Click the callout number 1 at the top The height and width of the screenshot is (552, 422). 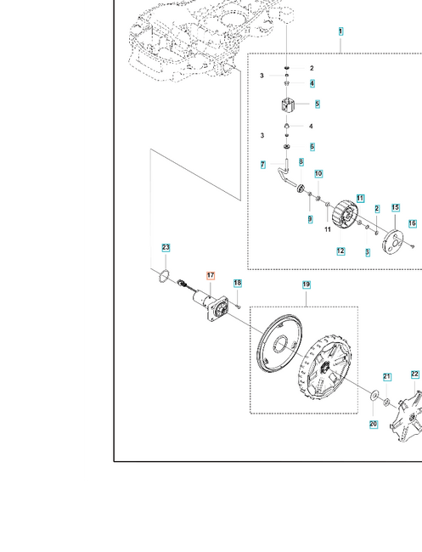click(340, 31)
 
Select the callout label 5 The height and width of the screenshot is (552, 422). click(318, 104)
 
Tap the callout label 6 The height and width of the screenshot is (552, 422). click(312, 147)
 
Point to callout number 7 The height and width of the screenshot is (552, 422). click(263, 165)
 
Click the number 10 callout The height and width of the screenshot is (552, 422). click(318, 174)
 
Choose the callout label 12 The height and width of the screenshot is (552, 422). click(340, 251)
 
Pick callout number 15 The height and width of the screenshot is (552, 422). click(395, 208)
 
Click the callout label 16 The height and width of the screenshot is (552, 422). click(413, 223)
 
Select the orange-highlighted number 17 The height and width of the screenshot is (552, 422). click(211, 276)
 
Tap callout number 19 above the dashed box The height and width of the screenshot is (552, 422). click(307, 284)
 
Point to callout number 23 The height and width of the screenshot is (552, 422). click(166, 247)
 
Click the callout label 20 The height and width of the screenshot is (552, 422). click(374, 425)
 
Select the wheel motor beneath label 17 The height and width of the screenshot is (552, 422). click(210, 307)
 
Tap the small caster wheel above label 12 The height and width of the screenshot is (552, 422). click(346, 215)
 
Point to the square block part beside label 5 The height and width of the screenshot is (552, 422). click(288, 104)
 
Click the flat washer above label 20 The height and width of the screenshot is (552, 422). click(373, 396)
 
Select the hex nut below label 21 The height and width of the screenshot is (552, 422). click(386, 402)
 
